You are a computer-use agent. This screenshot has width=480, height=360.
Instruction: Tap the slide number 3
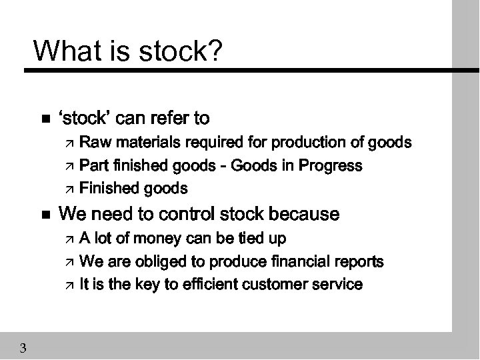tap(23, 347)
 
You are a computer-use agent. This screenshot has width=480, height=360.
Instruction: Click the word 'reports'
tap(359, 261)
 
